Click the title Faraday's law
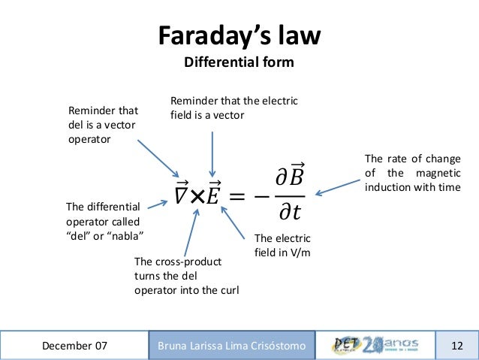coord(239,35)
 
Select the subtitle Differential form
coord(239,62)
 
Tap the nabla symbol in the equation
coord(181,195)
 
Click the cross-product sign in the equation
coord(197,195)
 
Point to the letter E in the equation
coord(214,195)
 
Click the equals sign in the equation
coord(238,196)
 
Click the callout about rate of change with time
coord(412,173)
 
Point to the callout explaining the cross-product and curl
coord(186,276)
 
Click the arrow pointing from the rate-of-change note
coord(336,186)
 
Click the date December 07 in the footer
coord(74,346)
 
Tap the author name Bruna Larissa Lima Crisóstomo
coord(231,346)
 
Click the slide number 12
coord(457,346)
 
